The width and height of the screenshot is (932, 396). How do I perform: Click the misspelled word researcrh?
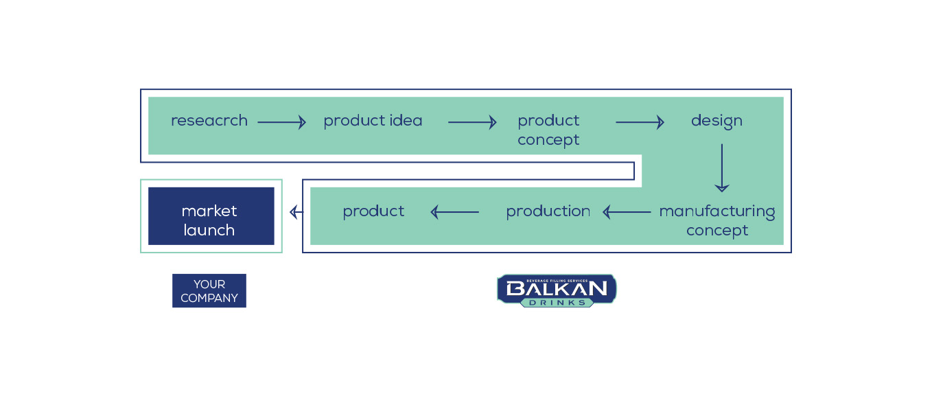(209, 121)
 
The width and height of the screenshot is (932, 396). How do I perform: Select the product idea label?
(373, 121)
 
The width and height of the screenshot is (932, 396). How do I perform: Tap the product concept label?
(548, 130)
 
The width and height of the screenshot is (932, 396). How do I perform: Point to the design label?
(717, 121)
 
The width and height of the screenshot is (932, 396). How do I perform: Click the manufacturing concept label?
(717, 221)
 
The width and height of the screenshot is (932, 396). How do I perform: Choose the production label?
(548, 212)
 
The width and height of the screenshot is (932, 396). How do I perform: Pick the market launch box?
(211, 216)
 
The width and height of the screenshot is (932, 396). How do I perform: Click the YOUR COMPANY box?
(209, 291)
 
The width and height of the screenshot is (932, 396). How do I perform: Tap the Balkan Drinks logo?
(557, 291)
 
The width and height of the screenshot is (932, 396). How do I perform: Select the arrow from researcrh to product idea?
(281, 122)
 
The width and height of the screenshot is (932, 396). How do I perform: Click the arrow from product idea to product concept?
(472, 122)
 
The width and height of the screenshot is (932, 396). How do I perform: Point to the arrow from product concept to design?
(640, 122)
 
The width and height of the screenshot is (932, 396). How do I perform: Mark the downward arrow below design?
(722, 168)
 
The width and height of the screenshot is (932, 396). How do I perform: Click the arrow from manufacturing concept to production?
(627, 212)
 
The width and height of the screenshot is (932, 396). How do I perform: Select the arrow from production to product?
(455, 212)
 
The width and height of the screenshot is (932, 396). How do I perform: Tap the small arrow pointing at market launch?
(296, 212)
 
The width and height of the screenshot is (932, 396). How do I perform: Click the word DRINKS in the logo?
(557, 303)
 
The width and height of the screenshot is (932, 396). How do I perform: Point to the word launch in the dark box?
(209, 231)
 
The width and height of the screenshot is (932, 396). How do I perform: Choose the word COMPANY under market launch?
(209, 299)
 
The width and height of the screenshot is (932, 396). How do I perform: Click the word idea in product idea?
(406, 121)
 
